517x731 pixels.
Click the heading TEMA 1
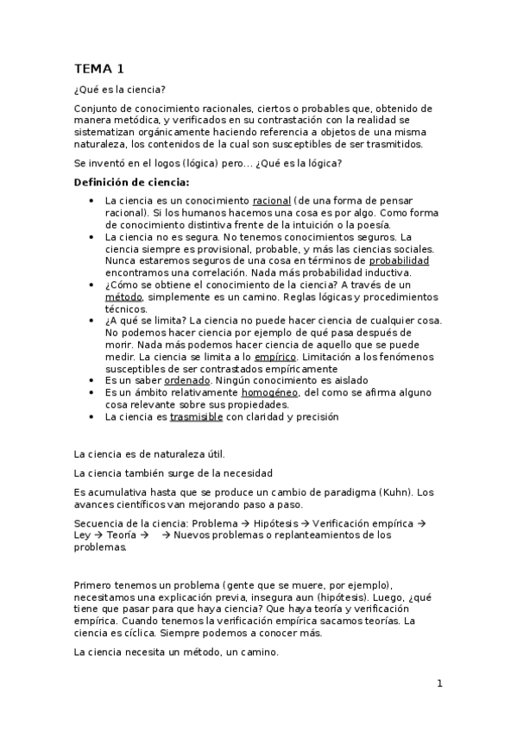point(99,68)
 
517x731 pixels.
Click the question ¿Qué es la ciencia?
point(119,90)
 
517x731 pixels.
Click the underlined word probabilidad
point(399,260)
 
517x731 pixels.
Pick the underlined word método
point(123,297)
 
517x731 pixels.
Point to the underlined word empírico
point(274,356)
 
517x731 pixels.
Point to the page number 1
point(438,684)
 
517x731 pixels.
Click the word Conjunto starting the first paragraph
point(97,109)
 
